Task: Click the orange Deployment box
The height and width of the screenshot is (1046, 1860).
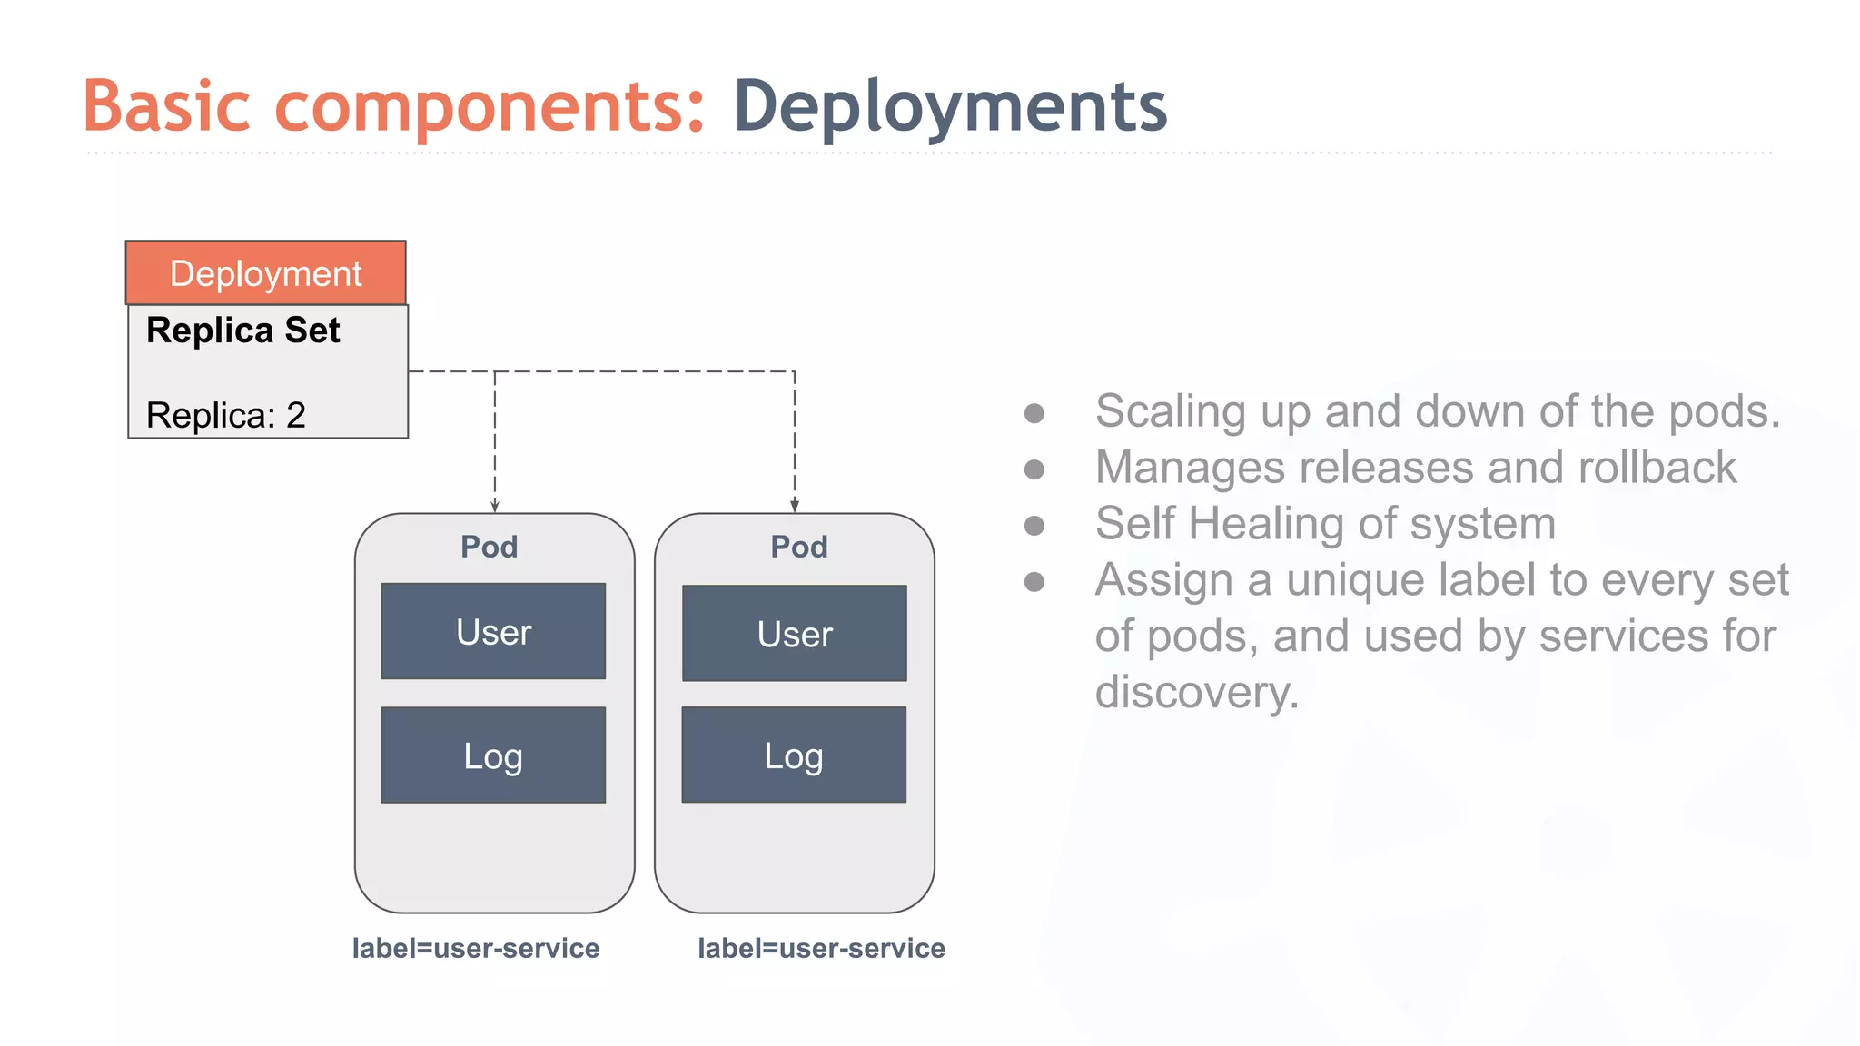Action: click(265, 272)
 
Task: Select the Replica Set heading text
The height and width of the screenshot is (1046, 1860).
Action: click(243, 331)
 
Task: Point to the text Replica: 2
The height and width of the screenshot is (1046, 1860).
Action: click(226, 415)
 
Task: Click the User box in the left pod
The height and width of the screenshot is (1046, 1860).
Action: click(493, 631)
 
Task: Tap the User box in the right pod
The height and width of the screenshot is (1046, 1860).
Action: click(795, 633)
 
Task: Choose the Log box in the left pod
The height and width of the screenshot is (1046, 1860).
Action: click(493, 755)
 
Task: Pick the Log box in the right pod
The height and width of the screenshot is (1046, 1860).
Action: click(794, 755)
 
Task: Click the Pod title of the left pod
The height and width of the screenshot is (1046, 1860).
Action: click(490, 547)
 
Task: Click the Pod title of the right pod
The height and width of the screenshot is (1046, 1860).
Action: click(799, 547)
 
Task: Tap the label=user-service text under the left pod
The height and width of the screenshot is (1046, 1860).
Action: click(476, 948)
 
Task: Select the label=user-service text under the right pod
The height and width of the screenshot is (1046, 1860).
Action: click(821, 948)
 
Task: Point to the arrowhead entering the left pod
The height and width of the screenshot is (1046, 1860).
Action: click(495, 506)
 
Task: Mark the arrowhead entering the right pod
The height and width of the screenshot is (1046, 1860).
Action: click(795, 506)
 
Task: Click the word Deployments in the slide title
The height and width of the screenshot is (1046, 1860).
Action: click(950, 107)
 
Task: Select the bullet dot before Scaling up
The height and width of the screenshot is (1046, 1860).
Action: click(1034, 414)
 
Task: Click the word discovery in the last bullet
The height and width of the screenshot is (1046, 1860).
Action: click(1196, 692)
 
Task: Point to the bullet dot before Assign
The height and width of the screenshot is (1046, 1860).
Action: click(1034, 581)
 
